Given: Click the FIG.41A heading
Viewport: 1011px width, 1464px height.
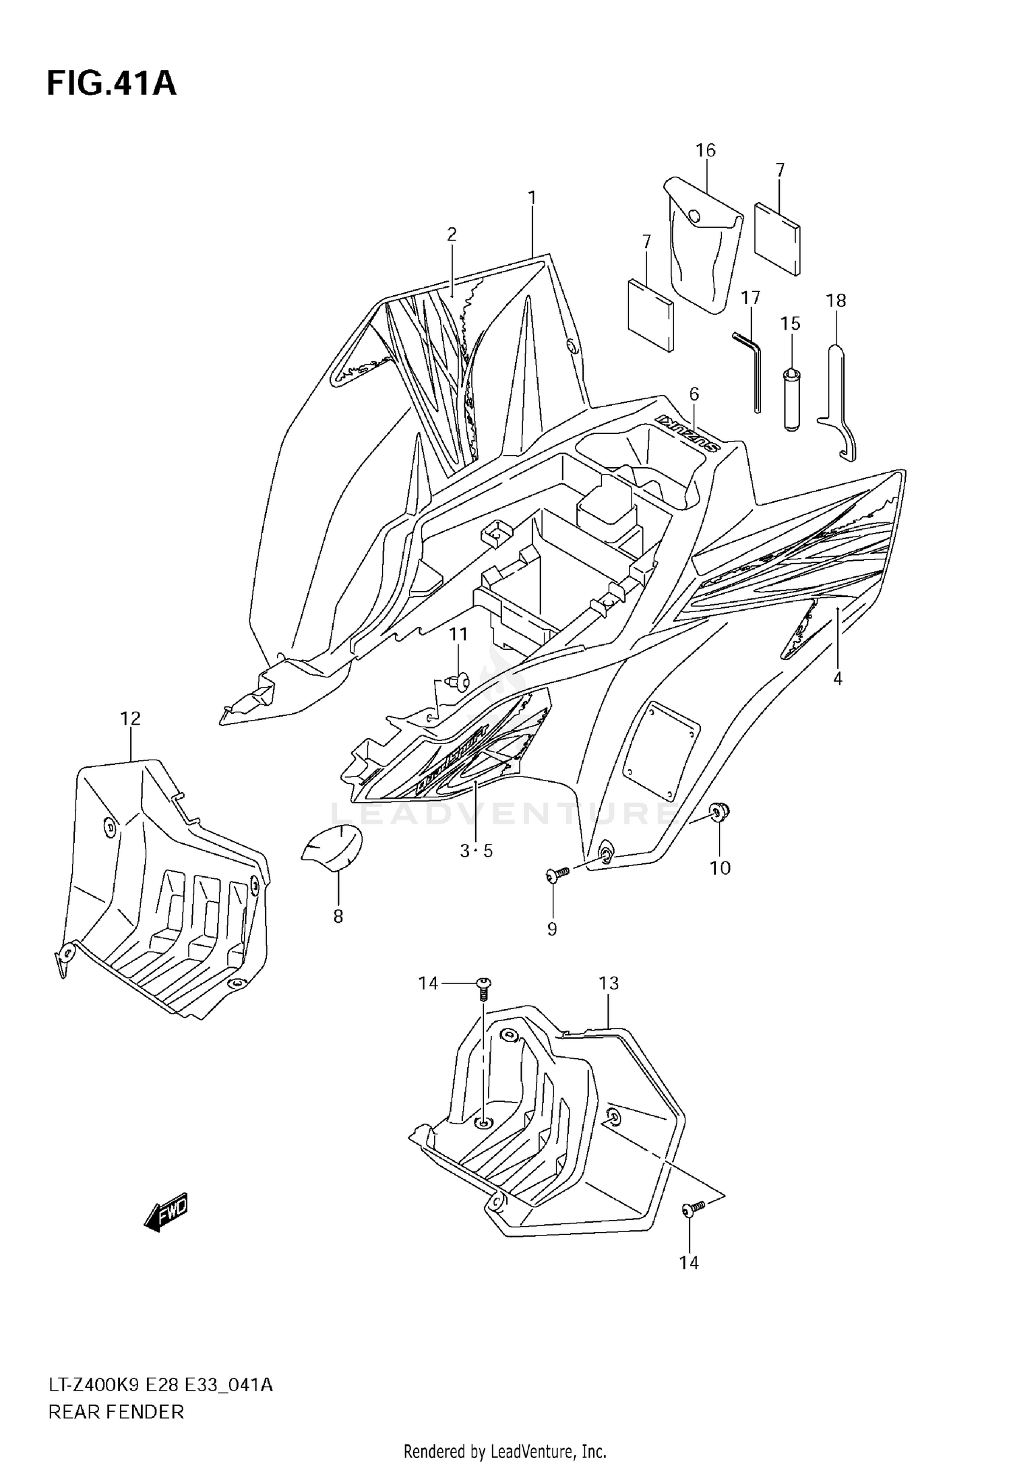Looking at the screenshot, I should [x=111, y=84].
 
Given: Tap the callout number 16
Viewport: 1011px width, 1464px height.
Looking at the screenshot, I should [x=705, y=150].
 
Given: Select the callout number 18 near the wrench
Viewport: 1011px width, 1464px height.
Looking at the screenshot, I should [x=836, y=301].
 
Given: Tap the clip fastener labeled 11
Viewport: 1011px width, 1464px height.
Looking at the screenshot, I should [x=461, y=682].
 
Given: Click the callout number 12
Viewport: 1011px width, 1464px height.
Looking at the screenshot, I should [x=130, y=719].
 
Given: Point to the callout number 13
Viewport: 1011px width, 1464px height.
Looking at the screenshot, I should [x=608, y=983].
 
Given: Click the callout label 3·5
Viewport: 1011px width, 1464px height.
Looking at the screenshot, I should [x=476, y=851].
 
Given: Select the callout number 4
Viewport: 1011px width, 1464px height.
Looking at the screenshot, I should [x=837, y=679].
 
